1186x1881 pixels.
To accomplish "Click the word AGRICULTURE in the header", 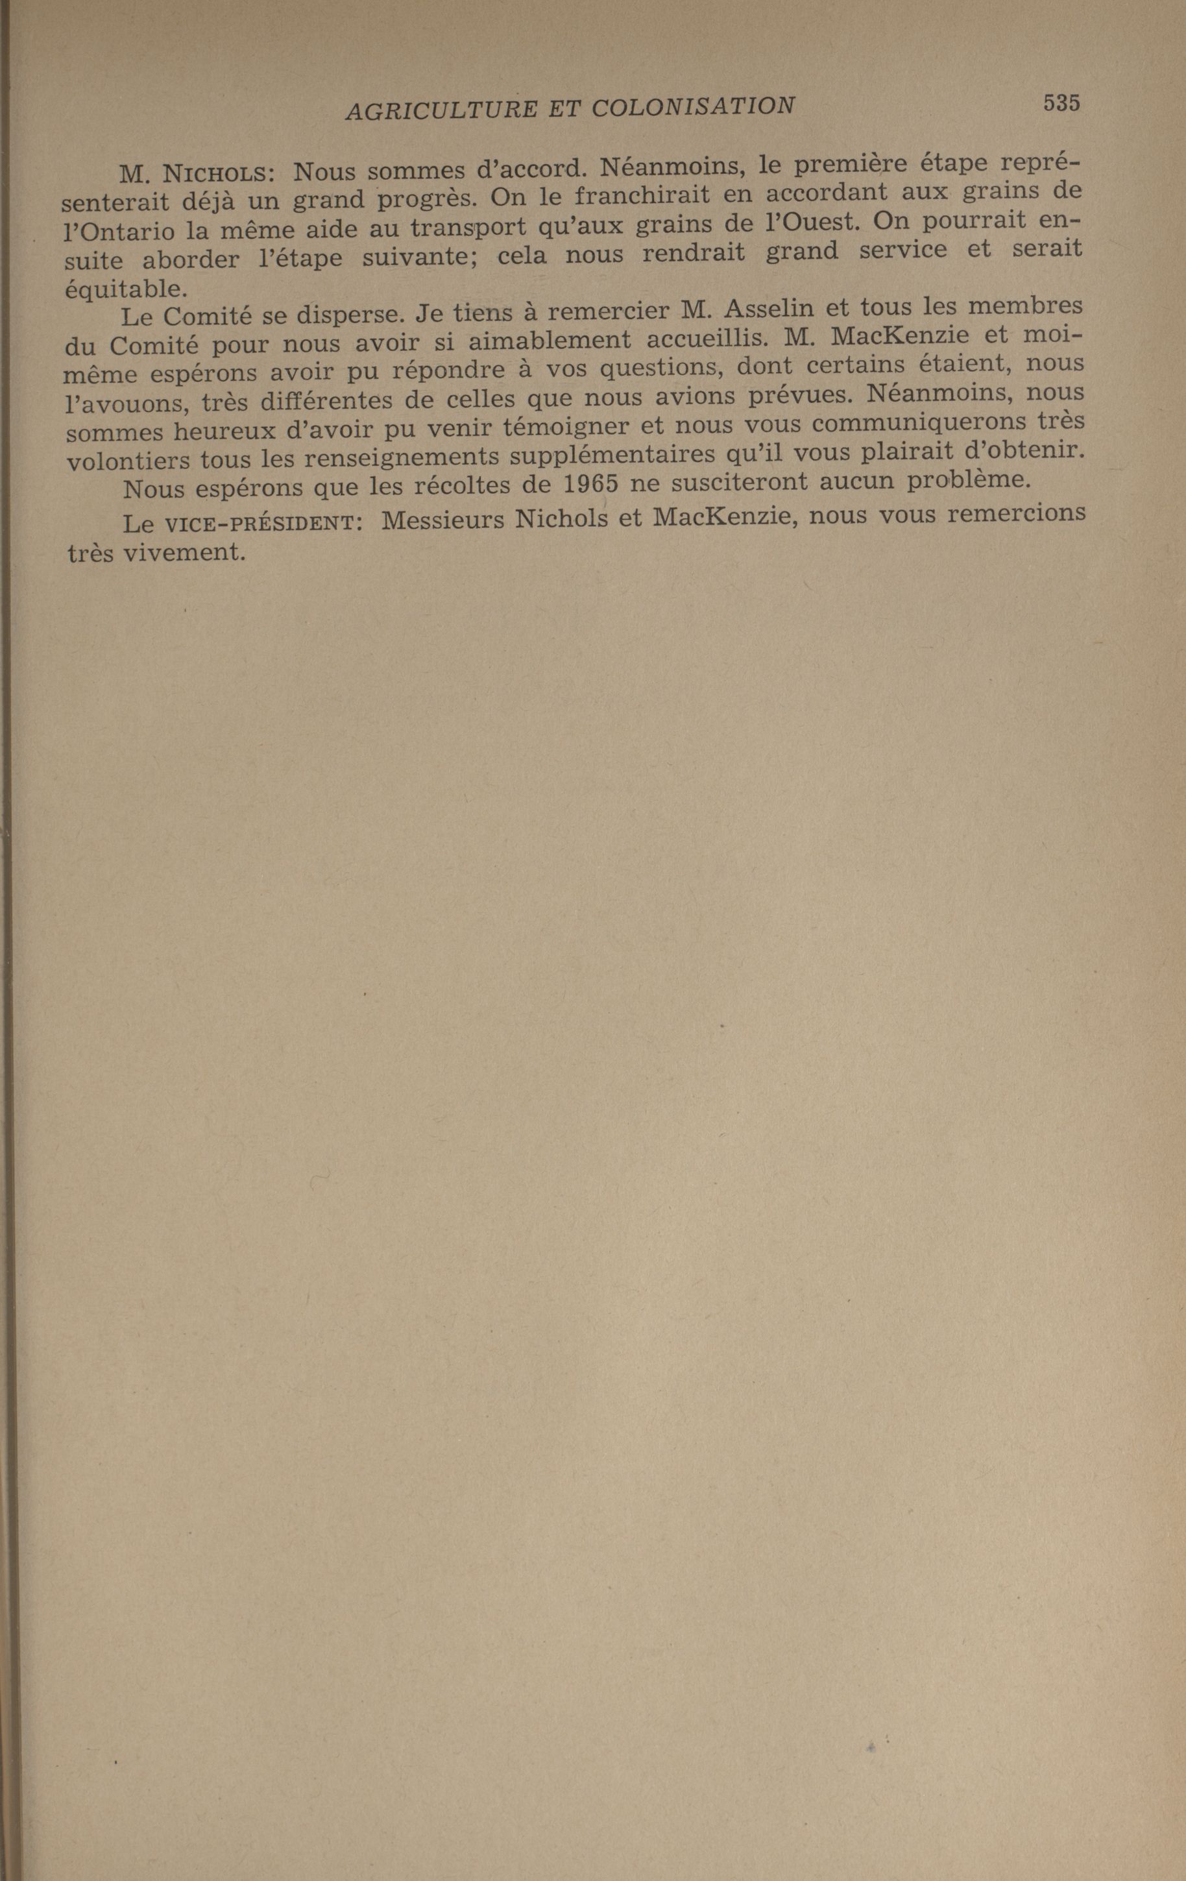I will tap(441, 110).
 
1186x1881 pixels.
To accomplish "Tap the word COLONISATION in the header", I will tap(693, 106).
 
